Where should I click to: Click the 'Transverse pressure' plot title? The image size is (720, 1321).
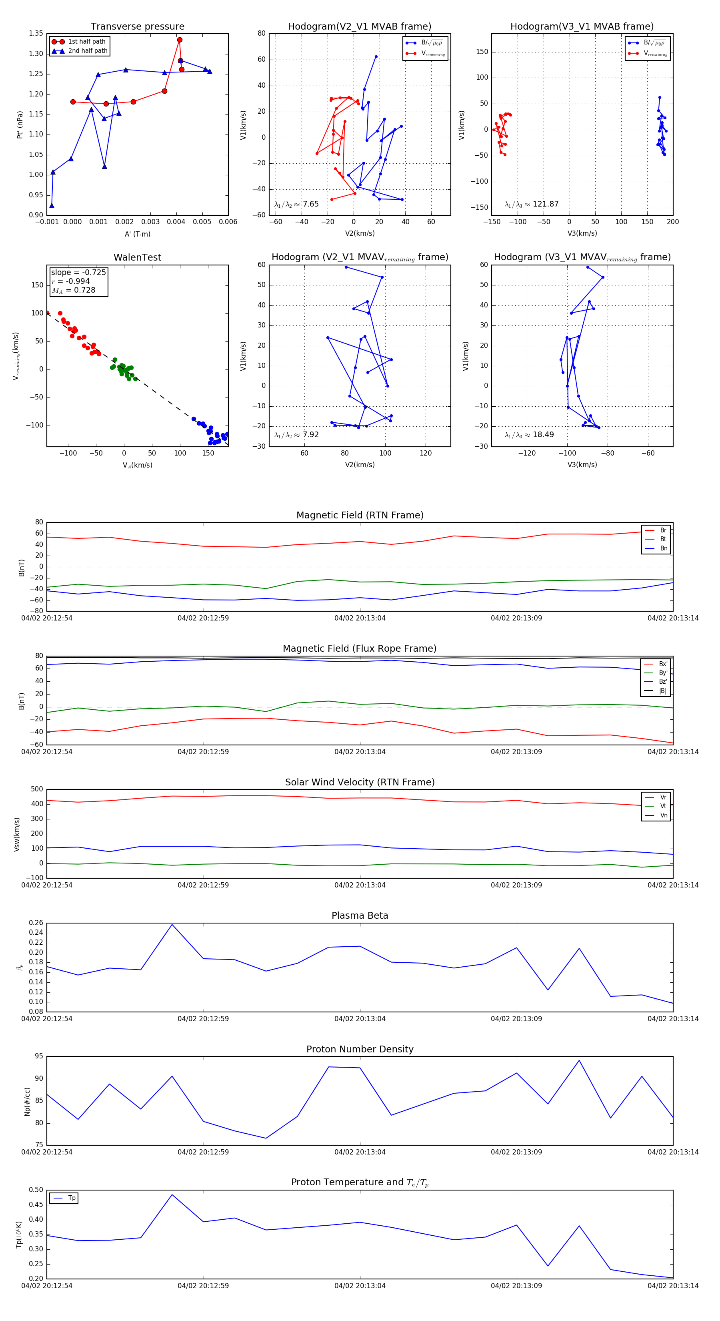137,27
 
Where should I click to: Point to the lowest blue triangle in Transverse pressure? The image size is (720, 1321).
52,206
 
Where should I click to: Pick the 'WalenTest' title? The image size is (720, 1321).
137,257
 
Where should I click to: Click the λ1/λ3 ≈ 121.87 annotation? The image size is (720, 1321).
532,204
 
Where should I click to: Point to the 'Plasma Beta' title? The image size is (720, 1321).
360,915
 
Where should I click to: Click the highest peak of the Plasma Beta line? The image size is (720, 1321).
172,925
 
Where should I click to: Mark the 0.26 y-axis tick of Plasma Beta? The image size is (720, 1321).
36,923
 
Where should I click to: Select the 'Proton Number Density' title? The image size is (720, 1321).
360,1049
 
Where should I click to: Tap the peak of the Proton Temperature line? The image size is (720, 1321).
172,1195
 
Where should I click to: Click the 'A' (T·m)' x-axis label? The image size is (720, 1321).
137,234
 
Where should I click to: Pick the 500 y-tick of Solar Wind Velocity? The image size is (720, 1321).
37,789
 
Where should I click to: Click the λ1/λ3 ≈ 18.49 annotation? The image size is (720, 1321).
529,435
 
